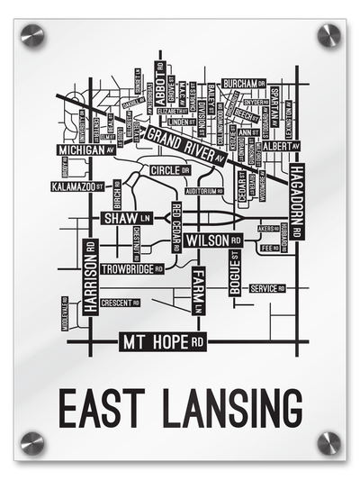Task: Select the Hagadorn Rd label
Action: pos(297,203)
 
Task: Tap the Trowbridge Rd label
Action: pos(131,268)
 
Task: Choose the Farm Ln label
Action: pos(199,291)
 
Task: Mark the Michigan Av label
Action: pos(85,151)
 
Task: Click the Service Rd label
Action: pos(266,288)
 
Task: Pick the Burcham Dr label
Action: pos(244,83)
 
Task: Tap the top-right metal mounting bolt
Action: pos(328,35)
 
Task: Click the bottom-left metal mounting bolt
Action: pos(31,442)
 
